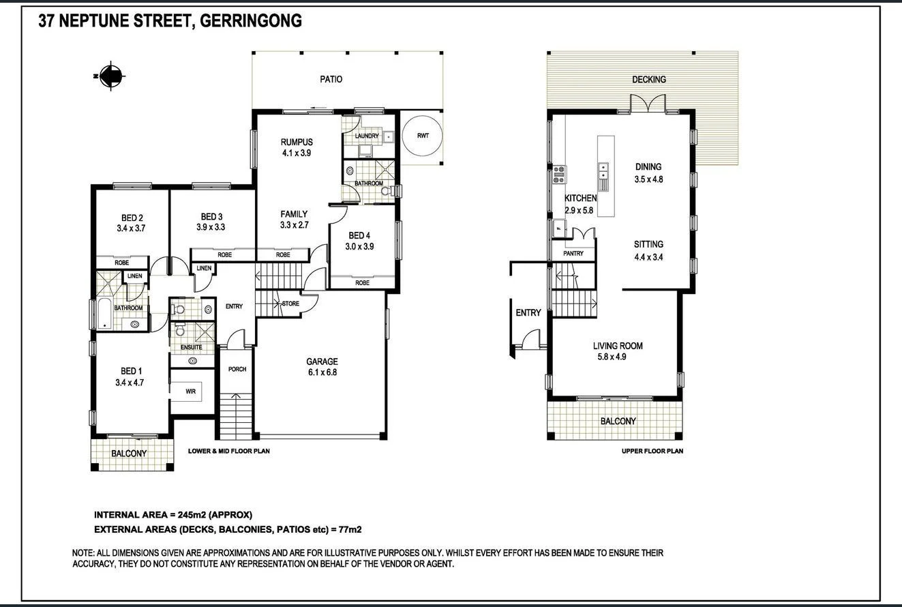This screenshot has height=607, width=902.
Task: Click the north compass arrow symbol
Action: click(110, 76)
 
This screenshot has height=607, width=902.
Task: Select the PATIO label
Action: click(331, 79)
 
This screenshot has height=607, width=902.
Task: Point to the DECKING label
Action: click(648, 80)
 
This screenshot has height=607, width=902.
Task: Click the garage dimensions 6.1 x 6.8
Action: click(322, 373)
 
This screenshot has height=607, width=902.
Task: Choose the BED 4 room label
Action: click(361, 235)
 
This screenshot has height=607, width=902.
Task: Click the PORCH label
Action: click(237, 369)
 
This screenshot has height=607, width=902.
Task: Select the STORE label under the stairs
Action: click(290, 303)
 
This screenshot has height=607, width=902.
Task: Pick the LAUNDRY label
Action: click(366, 136)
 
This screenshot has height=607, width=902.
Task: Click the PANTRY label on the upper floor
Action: click(573, 254)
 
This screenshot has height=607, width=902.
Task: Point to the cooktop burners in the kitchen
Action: click(559, 175)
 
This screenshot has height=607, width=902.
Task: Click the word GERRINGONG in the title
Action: click(252, 21)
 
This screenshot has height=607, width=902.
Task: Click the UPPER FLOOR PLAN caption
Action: click(652, 451)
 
